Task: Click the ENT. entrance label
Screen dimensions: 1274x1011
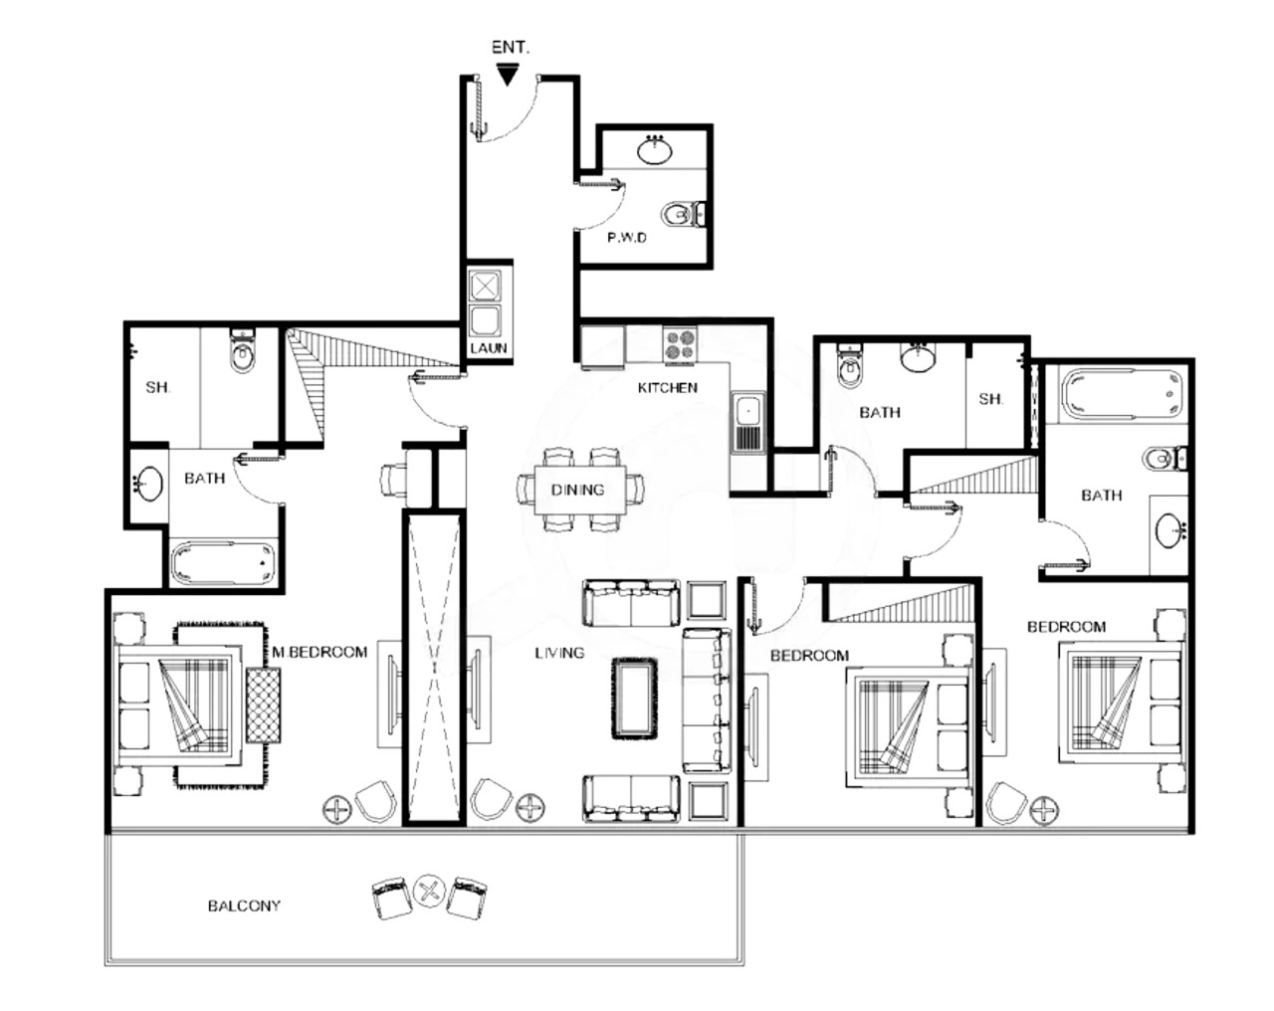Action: coord(511,48)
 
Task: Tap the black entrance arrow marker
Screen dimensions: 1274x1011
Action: coord(508,75)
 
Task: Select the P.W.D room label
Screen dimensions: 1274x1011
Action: coord(627,238)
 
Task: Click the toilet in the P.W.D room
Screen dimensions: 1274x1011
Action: coord(684,214)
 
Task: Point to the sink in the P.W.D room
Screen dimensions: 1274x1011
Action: coord(655,149)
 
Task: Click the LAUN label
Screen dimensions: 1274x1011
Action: coord(489,348)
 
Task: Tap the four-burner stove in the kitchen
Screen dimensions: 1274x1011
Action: coord(679,344)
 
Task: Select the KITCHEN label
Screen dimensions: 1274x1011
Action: coord(667,388)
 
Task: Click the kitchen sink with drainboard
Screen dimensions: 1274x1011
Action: coord(748,422)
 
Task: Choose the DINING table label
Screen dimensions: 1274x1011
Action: coord(578,491)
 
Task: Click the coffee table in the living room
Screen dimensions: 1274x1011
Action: coord(634,699)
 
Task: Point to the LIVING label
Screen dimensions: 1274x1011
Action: coord(559,653)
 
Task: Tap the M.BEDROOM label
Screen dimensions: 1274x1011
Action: coord(319,652)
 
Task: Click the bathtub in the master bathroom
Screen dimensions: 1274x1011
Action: coord(224,563)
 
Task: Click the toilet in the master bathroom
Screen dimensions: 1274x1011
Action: coord(242,351)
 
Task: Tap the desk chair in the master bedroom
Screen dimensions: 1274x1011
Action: coord(393,479)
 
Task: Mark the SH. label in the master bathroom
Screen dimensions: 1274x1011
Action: coord(157,388)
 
